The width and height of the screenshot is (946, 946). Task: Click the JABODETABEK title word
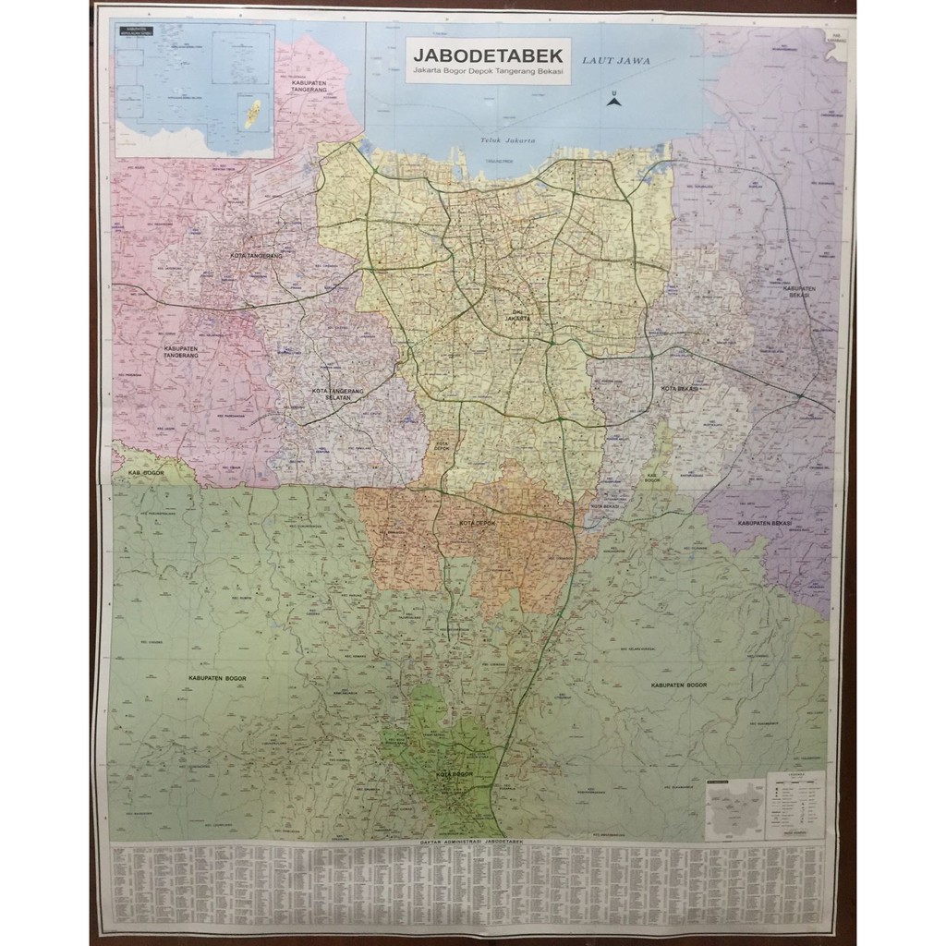coord(489,53)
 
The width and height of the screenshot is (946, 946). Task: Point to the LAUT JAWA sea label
coord(616,61)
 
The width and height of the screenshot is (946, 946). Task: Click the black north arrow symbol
coord(612,102)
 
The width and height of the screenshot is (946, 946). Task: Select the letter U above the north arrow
coord(612,92)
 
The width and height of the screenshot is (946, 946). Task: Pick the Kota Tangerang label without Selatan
coord(256,255)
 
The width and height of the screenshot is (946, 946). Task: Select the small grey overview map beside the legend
coord(734,807)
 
